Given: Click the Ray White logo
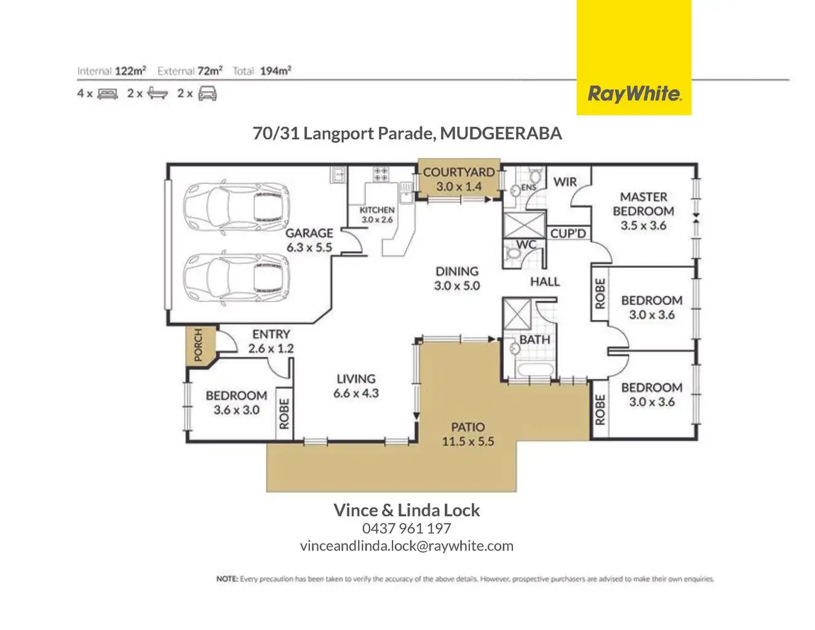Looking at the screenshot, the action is coord(634,94).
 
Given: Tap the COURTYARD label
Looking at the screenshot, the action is coord(458,172).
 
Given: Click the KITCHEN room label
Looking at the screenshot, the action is coord(376,210).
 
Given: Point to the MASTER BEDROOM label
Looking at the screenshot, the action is coord(643,204).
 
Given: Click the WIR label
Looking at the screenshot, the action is coord(565,181).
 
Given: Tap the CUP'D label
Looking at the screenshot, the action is coord(568,234).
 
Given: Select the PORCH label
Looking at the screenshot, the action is coord(198,346).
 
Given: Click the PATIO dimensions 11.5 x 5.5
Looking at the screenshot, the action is coord(467,441).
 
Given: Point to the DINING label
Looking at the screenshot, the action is coord(456,271).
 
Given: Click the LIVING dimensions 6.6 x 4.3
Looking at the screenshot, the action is coord(356,393).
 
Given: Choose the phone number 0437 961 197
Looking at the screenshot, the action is coord(407,528).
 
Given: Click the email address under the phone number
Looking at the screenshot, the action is coord(407,546).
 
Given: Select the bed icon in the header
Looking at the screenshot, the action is coord(107,94).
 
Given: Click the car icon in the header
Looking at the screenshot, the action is coord(207,94).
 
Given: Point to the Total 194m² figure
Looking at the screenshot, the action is coord(275,71).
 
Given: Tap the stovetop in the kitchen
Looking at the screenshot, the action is coord(381,174).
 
